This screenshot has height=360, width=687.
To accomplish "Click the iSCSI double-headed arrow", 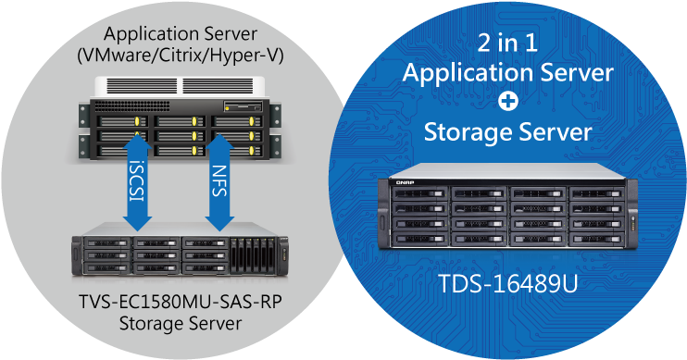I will pos(138,182).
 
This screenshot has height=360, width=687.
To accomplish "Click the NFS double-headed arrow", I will pos(219,182).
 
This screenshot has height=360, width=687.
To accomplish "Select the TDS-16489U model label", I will pos(507,282).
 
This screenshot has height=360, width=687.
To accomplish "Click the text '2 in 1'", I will pos(507,42).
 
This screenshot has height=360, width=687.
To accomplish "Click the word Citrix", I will pos(181,55).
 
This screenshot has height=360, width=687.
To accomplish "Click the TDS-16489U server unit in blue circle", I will pos(507,213).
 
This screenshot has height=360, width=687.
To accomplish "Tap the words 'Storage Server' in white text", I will pos(507,132).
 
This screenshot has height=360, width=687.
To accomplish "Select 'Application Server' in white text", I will pos(507,71).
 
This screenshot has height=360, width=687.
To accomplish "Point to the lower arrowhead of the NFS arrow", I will pos(219,222).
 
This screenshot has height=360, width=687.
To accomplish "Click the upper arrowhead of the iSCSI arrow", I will pos(138,143).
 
